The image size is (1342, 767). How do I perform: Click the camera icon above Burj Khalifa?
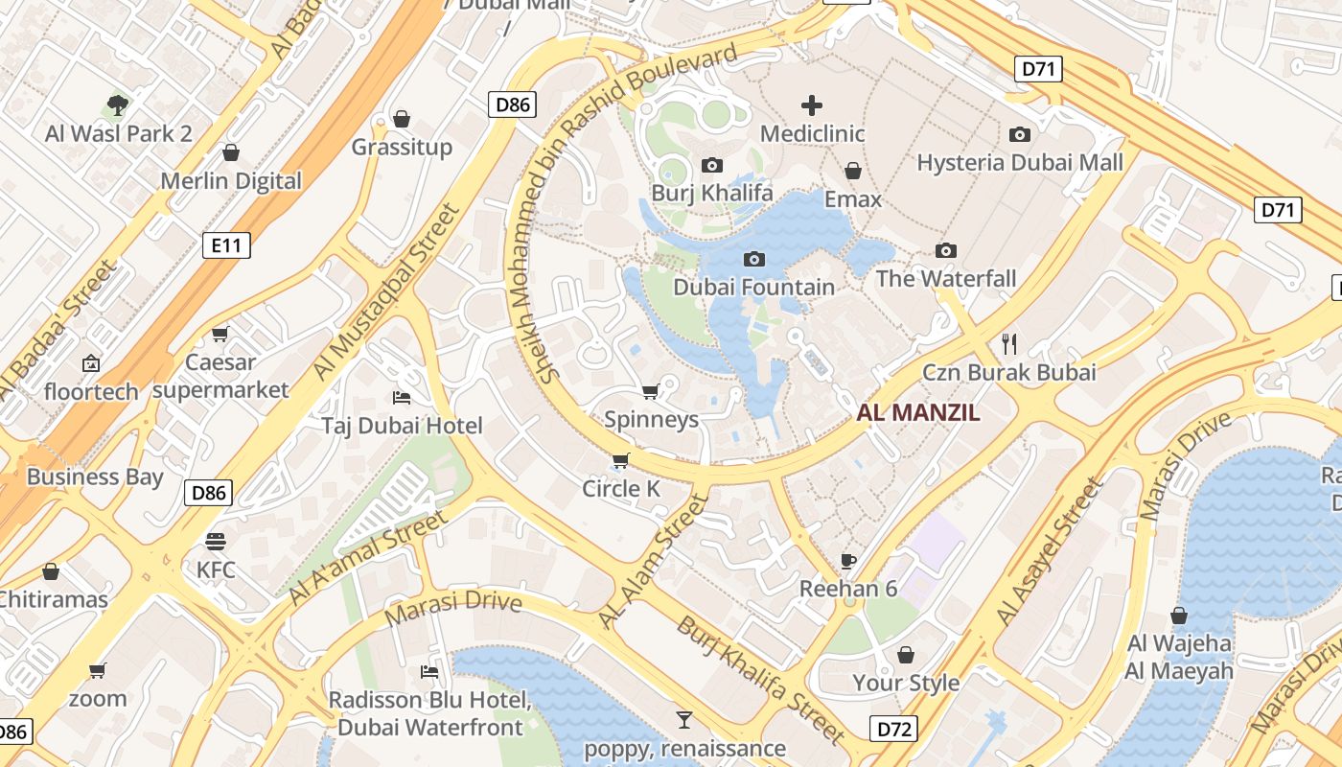pyautogui.click(x=711, y=165)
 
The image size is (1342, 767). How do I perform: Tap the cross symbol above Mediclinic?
pyautogui.click(x=812, y=105)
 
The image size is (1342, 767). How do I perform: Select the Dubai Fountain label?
pyautogui.click(x=753, y=287)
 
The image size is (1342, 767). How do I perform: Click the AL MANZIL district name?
pyautogui.click(x=918, y=413)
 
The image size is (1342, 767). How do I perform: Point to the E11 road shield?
pyautogui.click(x=227, y=245)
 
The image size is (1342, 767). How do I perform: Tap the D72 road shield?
pyautogui.click(x=894, y=729)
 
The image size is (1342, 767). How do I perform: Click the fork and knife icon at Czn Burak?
pyautogui.click(x=1008, y=343)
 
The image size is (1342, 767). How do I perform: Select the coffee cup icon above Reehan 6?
pyautogui.click(x=847, y=561)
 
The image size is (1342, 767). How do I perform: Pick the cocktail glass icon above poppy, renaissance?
pyautogui.click(x=684, y=719)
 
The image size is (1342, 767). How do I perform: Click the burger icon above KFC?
pyautogui.click(x=216, y=542)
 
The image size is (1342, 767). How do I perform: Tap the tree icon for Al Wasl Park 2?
pyautogui.click(x=118, y=105)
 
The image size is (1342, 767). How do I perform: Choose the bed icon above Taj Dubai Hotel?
pyautogui.click(x=402, y=397)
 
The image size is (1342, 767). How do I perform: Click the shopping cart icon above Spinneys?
pyautogui.click(x=650, y=391)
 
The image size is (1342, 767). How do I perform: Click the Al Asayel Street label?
pyautogui.click(x=1051, y=552)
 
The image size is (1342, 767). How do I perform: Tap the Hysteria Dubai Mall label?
pyautogui.click(x=1020, y=163)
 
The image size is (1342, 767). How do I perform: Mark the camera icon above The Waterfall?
pyautogui.click(x=946, y=251)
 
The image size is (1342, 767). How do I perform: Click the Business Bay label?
pyautogui.click(x=95, y=476)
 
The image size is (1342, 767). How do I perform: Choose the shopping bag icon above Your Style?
pyautogui.click(x=906, y=655)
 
